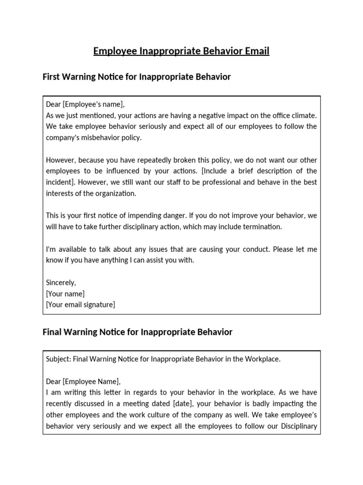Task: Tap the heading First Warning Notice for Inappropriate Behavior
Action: coord(137,77)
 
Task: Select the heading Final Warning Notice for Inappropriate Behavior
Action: coord(138,332)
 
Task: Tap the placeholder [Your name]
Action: coord(65,294)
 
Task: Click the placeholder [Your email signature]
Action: coord(80,305)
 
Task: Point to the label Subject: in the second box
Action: coord(58,359)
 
